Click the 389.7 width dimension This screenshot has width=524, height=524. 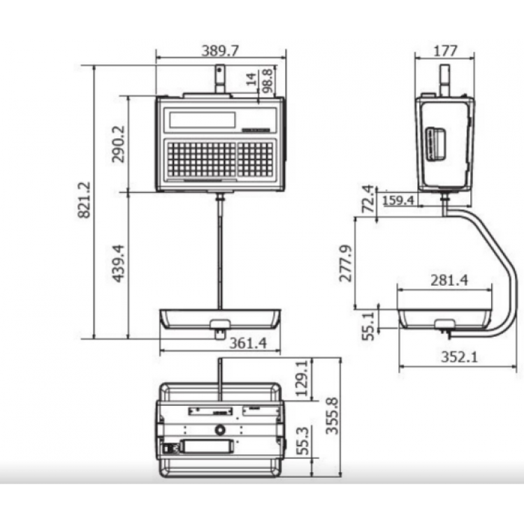tap(220, 52)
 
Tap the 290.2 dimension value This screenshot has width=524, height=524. tap(119, 144)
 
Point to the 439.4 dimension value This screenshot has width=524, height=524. tap(119, 265)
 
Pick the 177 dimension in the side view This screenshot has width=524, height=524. tap(445, 50)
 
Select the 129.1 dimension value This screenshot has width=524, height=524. tap(301, 378)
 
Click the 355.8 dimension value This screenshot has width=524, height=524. tap(333, 416)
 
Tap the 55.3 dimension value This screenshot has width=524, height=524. tap(301, 442)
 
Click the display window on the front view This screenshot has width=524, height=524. tap(202, 119)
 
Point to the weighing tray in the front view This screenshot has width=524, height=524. tap(220, 319)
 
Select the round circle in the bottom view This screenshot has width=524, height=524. tap(220, 430)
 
